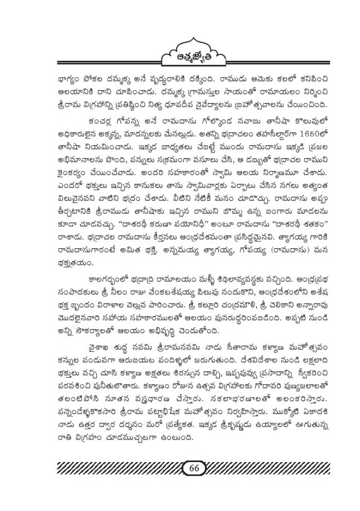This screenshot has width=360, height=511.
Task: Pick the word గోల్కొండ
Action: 196,120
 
